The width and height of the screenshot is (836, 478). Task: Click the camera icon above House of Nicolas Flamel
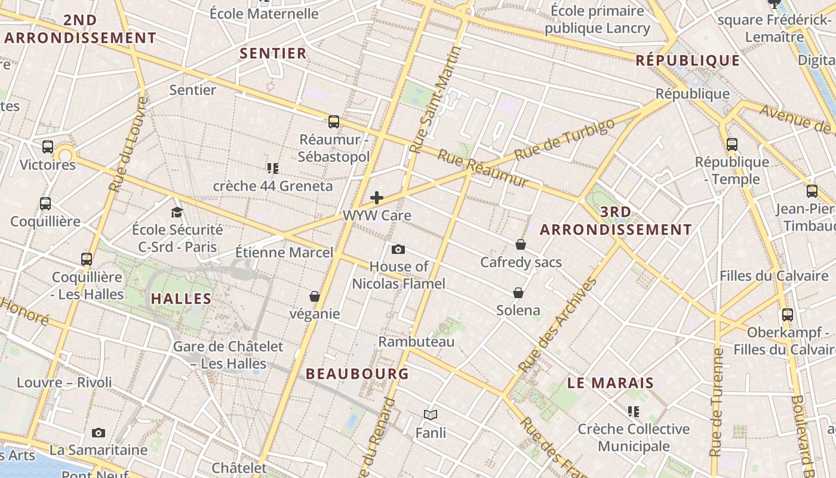[398, 249]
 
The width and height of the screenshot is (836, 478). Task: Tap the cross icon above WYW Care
[377, 197]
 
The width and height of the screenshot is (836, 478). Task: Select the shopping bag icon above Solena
[518, 293]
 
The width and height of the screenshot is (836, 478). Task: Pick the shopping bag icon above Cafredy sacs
[521, 244]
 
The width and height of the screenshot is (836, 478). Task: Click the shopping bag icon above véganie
[315, 296]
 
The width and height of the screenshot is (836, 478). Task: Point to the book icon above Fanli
[431, 415]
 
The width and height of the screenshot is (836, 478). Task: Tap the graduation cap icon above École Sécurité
[177, 212]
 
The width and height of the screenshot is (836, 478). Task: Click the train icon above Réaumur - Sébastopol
[334, 122]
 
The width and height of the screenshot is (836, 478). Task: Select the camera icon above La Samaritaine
[99, 433]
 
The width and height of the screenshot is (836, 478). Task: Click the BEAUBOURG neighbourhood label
[357, 374]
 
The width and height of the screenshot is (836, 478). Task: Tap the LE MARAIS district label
[610, 383]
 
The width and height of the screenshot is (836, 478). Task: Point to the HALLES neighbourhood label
[181, 299]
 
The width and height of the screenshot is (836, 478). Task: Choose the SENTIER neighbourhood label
[273, 53]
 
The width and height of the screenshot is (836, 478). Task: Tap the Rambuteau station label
[416, 342]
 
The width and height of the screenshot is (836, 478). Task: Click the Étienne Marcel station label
[284, 252]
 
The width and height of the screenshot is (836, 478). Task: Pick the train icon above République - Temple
[732, 144]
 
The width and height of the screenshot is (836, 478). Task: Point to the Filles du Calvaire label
[774, 276]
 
